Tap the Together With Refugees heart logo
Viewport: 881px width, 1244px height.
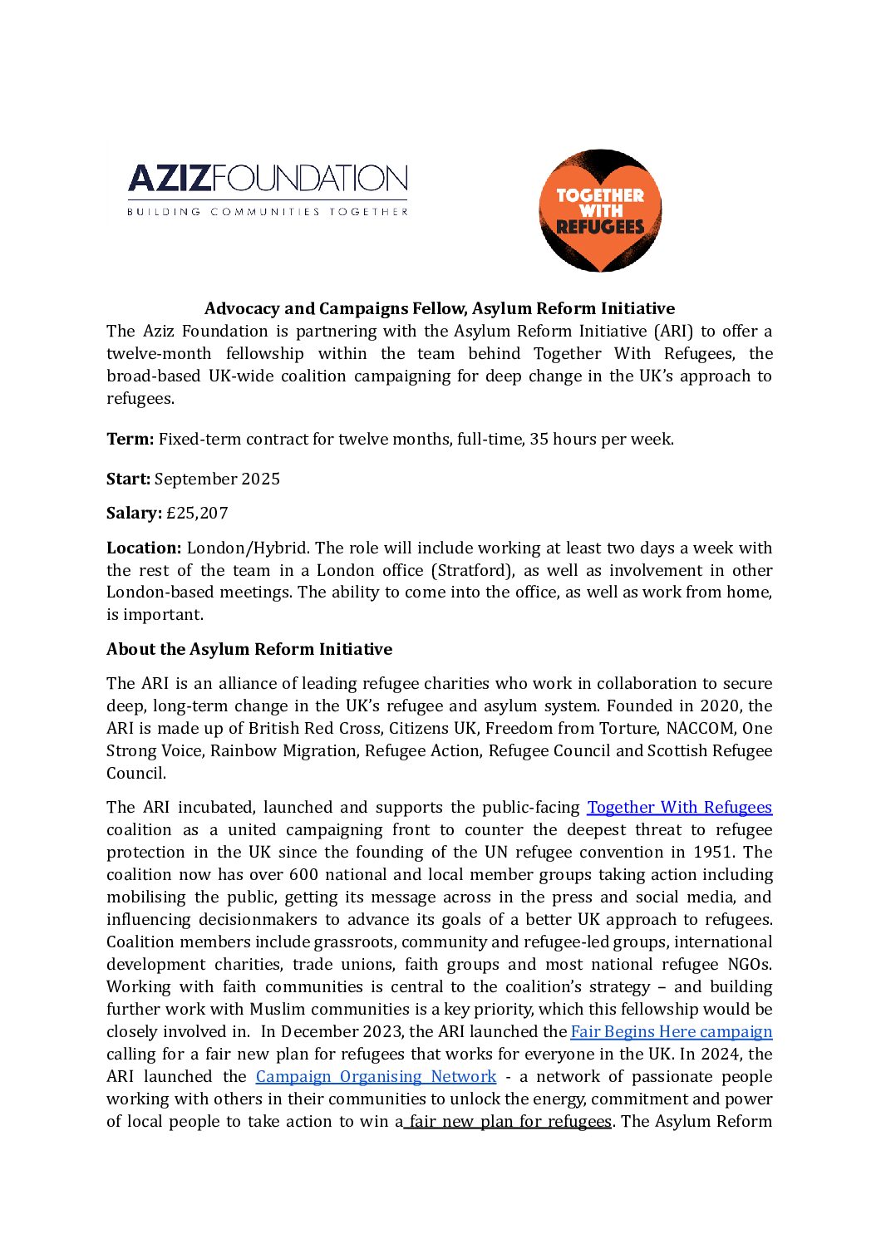[600, 211]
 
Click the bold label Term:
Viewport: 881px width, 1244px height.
[130, 439]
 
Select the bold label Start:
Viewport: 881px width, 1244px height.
[128, 479]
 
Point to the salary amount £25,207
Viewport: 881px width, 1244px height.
[197, 513]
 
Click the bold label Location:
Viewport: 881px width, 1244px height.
[144, 548]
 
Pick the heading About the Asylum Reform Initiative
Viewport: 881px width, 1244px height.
[249, 649]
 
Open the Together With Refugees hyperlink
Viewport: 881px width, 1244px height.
[679, 807]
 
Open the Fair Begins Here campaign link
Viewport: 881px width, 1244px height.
[671, 1031]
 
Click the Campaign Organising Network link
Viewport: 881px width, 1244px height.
[376, 1076]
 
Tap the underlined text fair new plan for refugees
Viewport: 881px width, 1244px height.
[510, 1121]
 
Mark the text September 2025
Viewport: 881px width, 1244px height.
[217, 479]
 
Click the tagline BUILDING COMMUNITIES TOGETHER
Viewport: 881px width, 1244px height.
[267, 212]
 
